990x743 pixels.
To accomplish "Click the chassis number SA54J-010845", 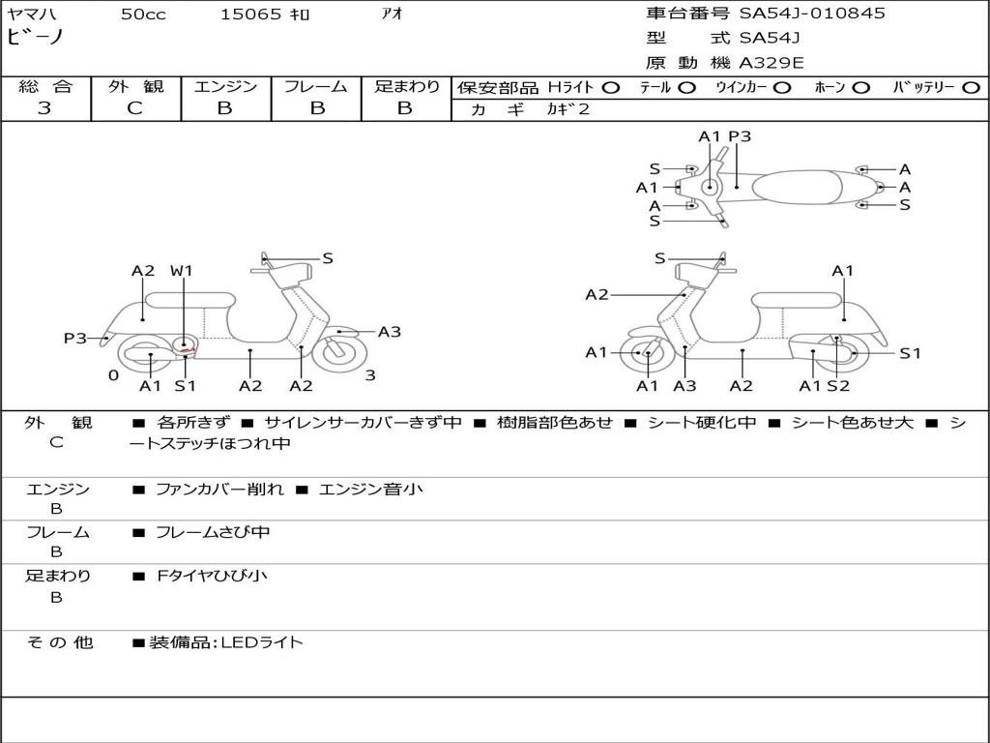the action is click(x=812, y=13).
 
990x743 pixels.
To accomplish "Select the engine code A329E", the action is click(x=771, y=63).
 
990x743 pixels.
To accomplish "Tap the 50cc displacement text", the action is click(x=143, y=15).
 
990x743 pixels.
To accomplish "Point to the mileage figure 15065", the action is click(x=250, y=15).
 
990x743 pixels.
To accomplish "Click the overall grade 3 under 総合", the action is click(x=44, y=108).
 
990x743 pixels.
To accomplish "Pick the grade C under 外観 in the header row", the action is click(x=135, y=108).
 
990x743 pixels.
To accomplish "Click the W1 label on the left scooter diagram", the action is click(x=181, y=271).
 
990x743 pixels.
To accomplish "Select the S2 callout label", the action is click(x=838, y=386).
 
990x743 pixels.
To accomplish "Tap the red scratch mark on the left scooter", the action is click(x=188, y=348).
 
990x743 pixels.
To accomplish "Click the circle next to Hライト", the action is click(x=611, y=88).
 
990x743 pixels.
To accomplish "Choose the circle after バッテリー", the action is click(x=971, y=88).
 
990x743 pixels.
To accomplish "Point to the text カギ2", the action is click(x=568, y=109).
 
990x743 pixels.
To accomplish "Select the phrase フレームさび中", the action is click(x=213, y=533).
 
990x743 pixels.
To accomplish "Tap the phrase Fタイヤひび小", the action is click(x=212, y=576).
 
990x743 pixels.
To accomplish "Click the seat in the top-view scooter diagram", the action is click(x=797, y=187).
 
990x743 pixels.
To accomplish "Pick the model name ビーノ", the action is click(x=36, y=37).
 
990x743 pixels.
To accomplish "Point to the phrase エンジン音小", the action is click(x=371, y=490).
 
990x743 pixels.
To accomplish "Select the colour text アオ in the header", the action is click(x=393, y=14).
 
